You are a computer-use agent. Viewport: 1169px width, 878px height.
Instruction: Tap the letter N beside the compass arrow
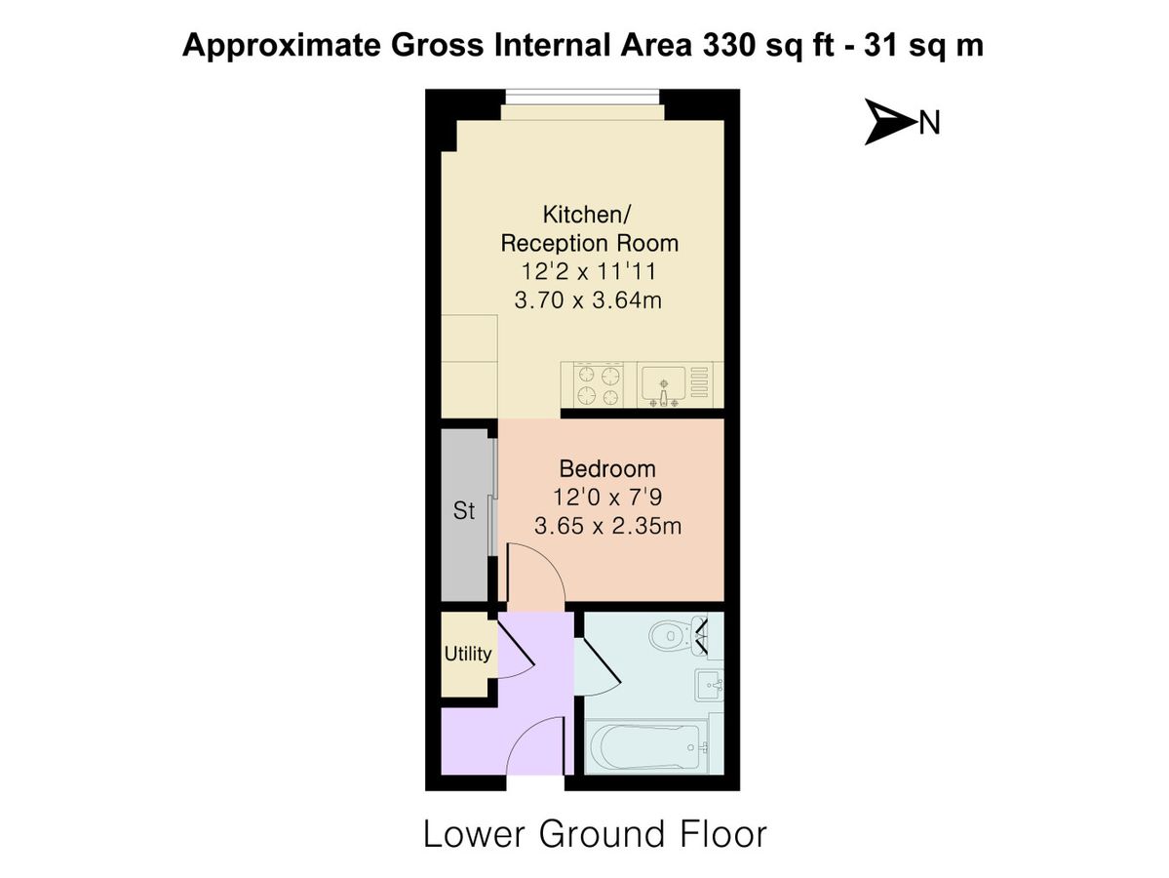[x=929, y=123]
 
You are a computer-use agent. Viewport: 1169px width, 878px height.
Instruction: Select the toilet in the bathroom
[x=671, y=636]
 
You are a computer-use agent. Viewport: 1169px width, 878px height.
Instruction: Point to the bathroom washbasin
[x=709, y=686]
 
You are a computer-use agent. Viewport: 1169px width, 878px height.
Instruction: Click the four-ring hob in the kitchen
[x=599, y=383]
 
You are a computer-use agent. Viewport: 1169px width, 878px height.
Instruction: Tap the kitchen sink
[x=665, y=383]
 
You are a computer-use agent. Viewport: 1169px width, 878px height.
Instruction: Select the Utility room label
[x=468, y=654]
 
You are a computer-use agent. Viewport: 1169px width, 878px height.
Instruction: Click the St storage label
[x=464, y=510]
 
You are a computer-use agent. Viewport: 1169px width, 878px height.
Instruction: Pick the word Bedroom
[x=606, y=468]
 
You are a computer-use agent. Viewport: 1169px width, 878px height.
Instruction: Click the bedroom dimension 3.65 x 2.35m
[x=606, y=527]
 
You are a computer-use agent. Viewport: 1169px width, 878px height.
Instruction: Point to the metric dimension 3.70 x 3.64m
[x=588, y=300]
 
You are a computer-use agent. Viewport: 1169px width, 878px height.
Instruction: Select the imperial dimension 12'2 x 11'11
[x=588, y=271]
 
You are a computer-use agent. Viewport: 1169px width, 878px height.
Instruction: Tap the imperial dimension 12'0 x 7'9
[x=606, y=498]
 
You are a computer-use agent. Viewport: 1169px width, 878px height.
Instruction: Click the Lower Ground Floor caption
[x=595, y=835]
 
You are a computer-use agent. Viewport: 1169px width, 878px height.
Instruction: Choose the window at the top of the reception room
[x=583, y=98]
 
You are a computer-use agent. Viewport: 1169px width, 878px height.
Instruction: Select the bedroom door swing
[x=531, y=574]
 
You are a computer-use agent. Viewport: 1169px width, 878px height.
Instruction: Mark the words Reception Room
[x=588, y=242]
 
